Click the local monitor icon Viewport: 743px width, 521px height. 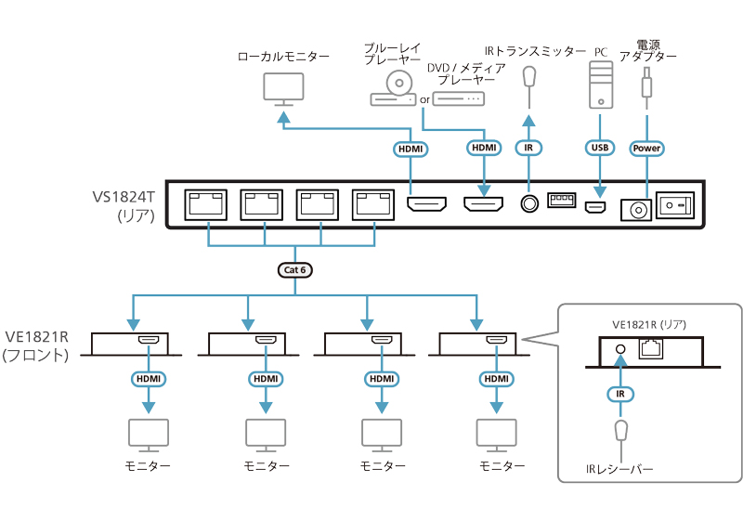(283, 89)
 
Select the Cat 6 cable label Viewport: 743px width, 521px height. (294, 270)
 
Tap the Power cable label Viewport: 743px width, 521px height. (646, 148)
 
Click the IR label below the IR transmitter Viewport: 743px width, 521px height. (528, 148)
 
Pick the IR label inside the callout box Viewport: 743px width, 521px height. (622, 394)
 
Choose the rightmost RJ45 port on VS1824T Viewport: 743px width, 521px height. (375, 203)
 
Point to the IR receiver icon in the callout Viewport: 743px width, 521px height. (622, 433)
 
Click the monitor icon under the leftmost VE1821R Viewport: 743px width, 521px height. (147, 434)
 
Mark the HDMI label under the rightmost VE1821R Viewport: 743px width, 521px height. (496, 379)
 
